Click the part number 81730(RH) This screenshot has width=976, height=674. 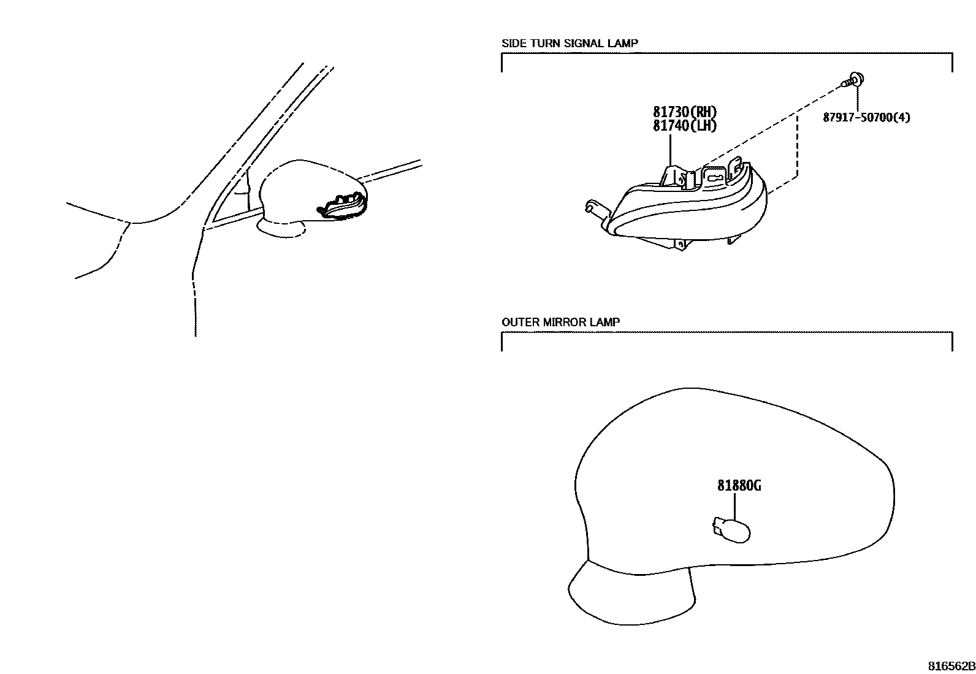[x=685, y=112]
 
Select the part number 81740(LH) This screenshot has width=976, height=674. [x=685, y=126]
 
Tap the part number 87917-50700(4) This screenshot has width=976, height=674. [x=866, y=118]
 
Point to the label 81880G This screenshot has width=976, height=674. [x=739, y=486]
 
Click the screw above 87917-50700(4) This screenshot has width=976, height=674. [x=854, y=81]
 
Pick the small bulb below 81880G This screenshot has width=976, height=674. [x=731, y=530]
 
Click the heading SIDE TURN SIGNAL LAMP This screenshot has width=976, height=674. [x=570, y=43]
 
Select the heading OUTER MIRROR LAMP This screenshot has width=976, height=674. [x=560, y=322]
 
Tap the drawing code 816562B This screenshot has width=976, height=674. [x=951, y=666]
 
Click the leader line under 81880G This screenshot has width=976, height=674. [x=734, y=506]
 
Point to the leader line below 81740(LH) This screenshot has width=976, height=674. [x=670, y=150]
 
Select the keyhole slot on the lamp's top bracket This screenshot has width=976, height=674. [x=713, y=178]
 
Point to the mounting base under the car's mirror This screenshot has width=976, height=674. [x=281, y=229]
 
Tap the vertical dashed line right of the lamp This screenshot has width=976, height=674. [x=797, y=146]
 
